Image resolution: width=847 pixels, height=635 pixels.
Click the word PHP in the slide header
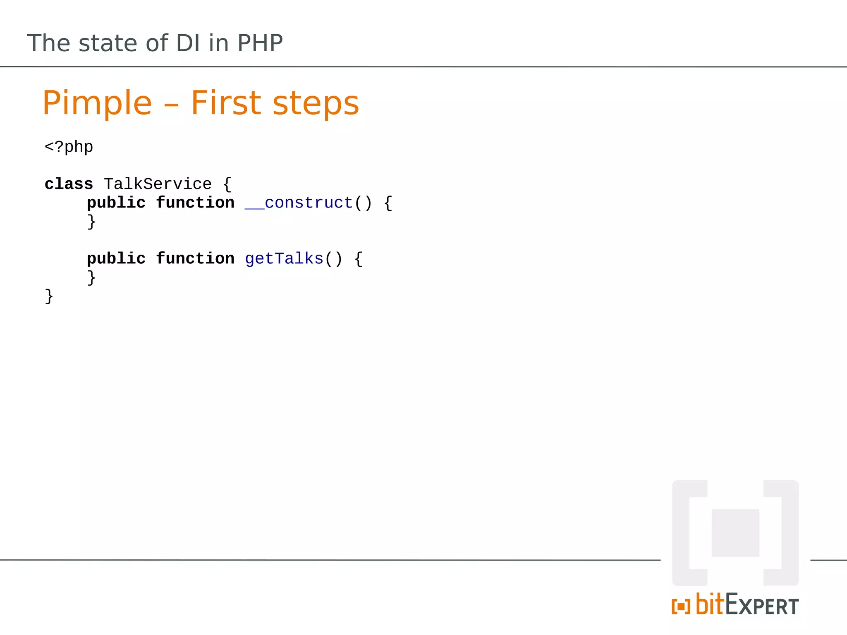tap(260, 43)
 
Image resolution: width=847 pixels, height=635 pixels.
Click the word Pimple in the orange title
tap(97, 103)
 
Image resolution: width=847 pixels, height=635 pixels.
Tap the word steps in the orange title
tap(316, 103)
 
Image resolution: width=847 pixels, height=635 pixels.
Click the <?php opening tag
tap(69, 147)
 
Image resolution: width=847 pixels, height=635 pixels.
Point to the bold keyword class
tap(69, 184)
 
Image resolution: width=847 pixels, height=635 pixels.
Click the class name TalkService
tap(158, 184)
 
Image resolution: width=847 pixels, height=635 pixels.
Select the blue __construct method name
tap(299, 203)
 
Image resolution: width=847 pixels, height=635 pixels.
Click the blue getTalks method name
tap(284, 259)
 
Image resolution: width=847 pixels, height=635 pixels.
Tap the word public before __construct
tap(116, 203)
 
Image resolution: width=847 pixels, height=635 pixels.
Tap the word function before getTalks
tap(195, 259)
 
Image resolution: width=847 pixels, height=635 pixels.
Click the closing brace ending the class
tap(49, 296)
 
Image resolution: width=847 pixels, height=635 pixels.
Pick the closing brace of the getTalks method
tap(91, 277)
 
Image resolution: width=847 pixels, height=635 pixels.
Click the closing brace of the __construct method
tap(91, 222)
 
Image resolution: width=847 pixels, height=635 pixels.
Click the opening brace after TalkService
tap(227, 184)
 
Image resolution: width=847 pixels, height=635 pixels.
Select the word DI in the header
tap(188, 43)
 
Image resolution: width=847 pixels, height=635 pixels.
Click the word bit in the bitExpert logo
tap(710, 605)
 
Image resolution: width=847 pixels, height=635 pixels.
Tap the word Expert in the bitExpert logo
tap(762, 606)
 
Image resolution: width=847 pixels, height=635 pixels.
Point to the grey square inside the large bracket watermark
tap(735, 533)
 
